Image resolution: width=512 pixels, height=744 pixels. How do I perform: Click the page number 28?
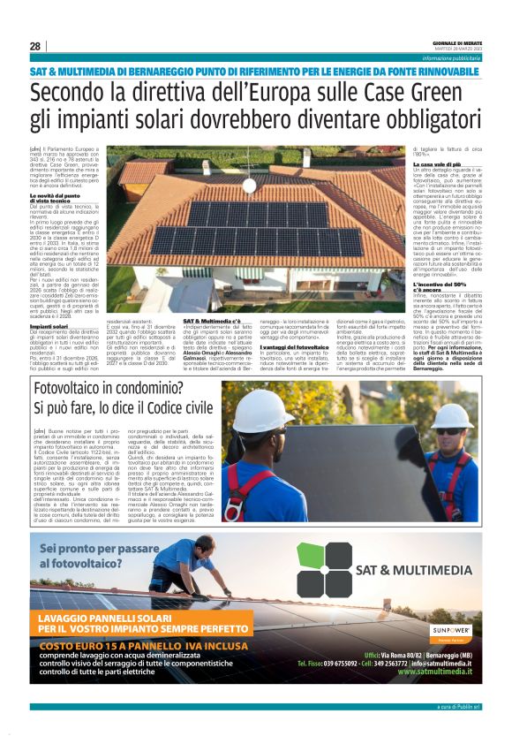[x=35, y=46]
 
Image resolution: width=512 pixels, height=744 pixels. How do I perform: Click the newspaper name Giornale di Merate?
[x=458, y=42]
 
